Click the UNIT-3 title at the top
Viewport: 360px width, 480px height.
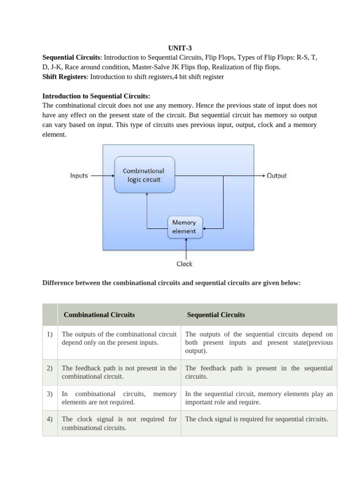[180, 48]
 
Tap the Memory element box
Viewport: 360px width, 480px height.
[184, 227]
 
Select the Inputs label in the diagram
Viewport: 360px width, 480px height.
[79, 176]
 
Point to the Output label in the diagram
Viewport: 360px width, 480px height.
[277, 176]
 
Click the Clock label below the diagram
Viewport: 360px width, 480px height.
[184, 264]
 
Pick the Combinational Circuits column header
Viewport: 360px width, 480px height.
[99, 315]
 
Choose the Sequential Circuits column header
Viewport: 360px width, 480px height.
[216, 315]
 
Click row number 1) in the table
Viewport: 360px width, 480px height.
[50, 335]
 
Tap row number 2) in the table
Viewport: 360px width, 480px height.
[50, 368]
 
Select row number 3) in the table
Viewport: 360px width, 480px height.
[50, 394]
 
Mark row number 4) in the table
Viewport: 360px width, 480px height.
[50, 419]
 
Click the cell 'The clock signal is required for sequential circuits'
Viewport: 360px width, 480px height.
[256, 419]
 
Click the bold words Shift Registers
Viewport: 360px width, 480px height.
[64, 76]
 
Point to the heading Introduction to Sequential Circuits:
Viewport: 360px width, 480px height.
[96, 96]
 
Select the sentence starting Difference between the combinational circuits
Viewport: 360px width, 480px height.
[171, 283]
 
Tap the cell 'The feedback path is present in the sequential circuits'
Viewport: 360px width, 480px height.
[259, 372]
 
